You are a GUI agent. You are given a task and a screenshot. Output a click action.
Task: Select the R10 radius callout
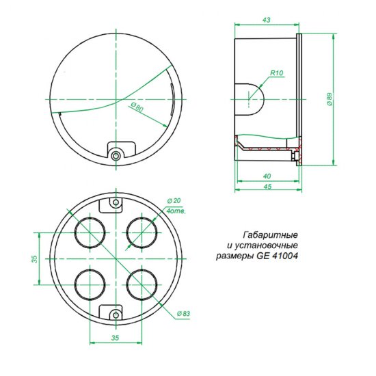point(277,72)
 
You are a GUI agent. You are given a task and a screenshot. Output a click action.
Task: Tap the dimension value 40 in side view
point(265,176)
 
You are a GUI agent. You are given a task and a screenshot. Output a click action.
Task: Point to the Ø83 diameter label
point(182,313)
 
